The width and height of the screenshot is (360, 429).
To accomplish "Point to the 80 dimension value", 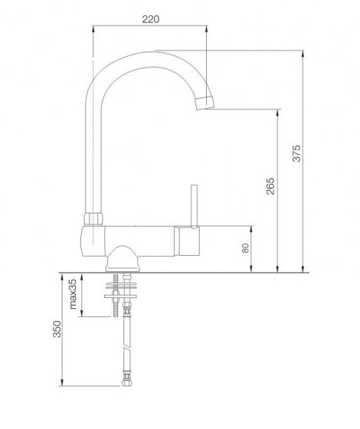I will (245, 249).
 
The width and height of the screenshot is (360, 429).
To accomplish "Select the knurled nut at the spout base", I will (93, 218).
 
